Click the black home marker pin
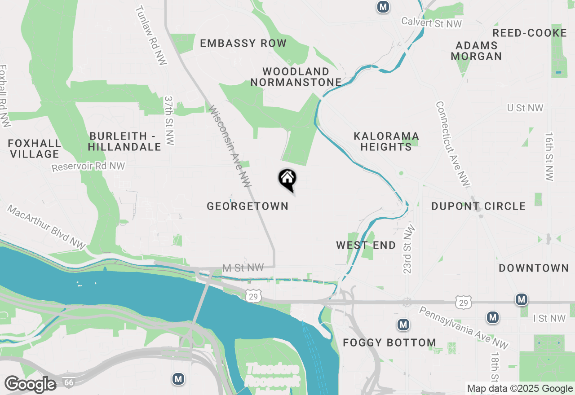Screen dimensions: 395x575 point(287,179)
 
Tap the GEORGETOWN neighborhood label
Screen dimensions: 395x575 point(248,206)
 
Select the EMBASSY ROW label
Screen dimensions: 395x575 point(243,43)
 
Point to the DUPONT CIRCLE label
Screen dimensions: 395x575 point(478,206)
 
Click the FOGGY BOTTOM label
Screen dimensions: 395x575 point(389,343)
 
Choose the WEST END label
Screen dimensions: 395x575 point(366,245)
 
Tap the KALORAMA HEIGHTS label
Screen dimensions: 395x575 point(386,141)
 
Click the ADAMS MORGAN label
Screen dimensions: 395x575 point(477,51)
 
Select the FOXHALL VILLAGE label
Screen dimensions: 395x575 point(35,149)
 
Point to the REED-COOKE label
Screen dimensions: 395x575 point(530,33)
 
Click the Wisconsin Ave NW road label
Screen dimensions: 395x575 point(230,146)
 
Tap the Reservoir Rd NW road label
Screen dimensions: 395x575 point(88,167)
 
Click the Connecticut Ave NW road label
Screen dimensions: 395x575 point(452,144)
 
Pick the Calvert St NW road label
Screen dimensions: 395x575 point(431,22)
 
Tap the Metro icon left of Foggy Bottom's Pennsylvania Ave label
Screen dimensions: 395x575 point(403,324)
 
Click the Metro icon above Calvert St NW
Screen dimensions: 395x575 point(383,7)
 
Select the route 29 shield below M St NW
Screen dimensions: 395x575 point(254,295)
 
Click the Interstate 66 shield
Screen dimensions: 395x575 point(69,382)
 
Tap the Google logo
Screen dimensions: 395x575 point(30,384)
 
